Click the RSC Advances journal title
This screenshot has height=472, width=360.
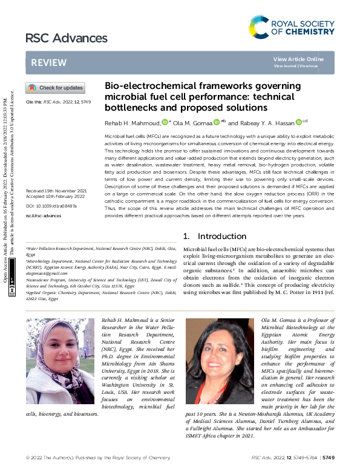click(x=67, y=39)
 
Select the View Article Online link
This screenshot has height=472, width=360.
click(x=298, y=59)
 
